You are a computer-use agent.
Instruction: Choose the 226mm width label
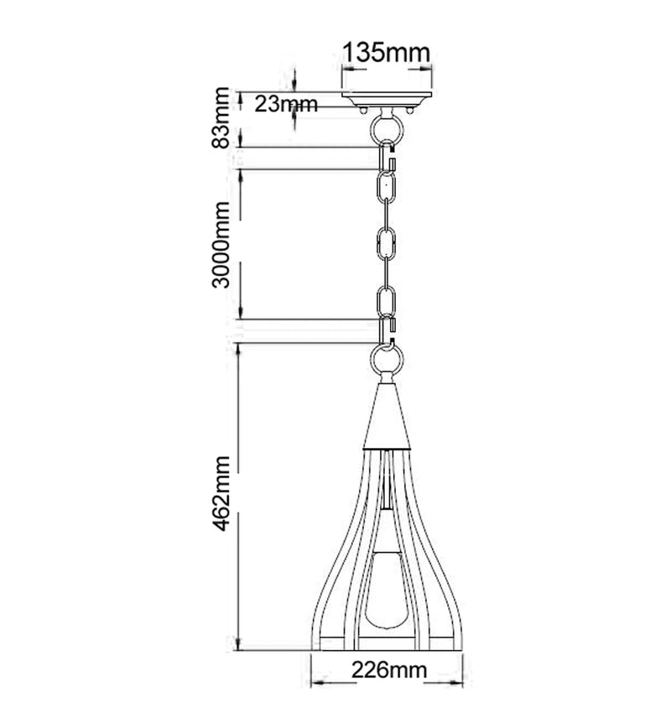point(388,671)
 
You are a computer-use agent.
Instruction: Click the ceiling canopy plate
point(387,100)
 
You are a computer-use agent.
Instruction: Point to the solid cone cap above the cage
point(387,415)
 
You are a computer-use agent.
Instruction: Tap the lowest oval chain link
point(387,300)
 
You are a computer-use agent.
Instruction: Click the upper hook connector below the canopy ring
point(390,155)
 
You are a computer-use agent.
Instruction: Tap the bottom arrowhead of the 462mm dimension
point(241,647)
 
